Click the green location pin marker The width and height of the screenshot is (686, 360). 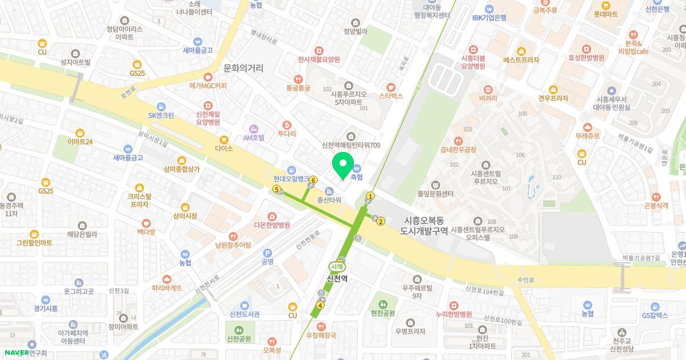[342, 165]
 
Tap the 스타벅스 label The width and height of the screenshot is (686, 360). [391, 96]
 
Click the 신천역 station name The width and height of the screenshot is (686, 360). [337, 278]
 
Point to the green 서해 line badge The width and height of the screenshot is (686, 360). [337, 266]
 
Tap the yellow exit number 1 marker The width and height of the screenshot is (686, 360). [370, 197]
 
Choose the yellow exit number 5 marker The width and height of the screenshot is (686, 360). [277, 189]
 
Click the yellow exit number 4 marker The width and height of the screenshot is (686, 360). [320, 305]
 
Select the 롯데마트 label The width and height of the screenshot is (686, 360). [605, 14]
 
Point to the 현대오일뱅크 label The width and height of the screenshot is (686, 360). [291, 178]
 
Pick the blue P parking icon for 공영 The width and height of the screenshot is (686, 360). [267, 253]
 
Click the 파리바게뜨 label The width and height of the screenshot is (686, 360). [166, 288]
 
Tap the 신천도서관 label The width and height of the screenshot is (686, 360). [244, 314]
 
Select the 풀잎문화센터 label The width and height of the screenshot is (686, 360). [435, 194]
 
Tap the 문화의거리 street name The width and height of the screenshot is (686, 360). [244, 68]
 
